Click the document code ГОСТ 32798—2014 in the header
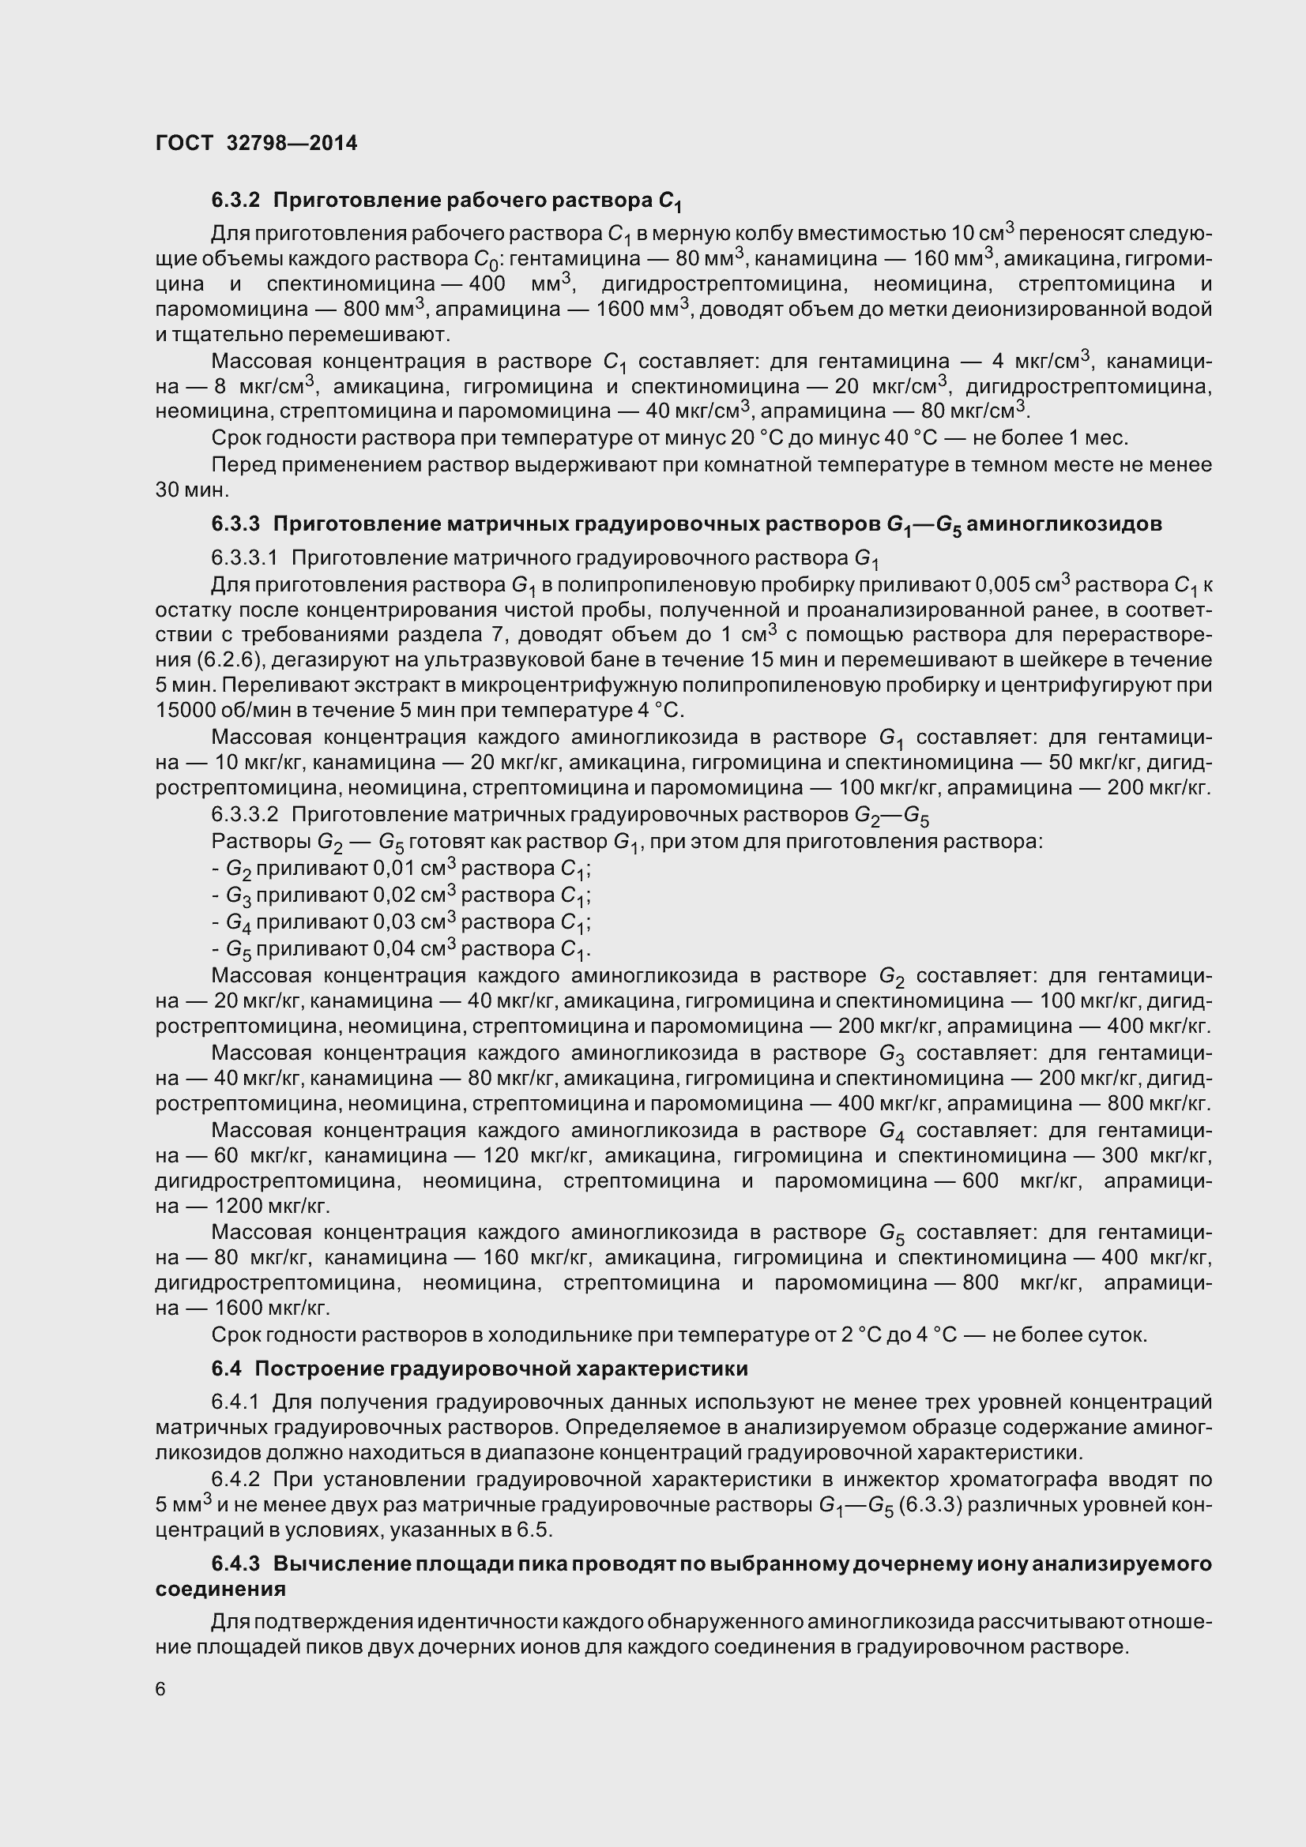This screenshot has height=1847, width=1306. pos(256,143)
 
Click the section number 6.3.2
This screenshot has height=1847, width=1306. pos(235,200)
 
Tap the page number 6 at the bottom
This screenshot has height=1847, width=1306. pos(160,1689)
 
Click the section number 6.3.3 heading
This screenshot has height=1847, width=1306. pos(235,524)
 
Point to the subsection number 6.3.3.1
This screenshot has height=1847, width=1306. pos(244,557)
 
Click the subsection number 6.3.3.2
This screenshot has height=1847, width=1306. pos(244,815)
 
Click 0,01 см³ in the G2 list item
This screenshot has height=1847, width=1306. pos(414,869)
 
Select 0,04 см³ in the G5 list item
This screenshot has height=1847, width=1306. pos(414,948)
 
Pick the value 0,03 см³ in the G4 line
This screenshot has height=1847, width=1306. pos(414,922)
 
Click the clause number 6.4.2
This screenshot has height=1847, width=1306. pos(235,1479)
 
